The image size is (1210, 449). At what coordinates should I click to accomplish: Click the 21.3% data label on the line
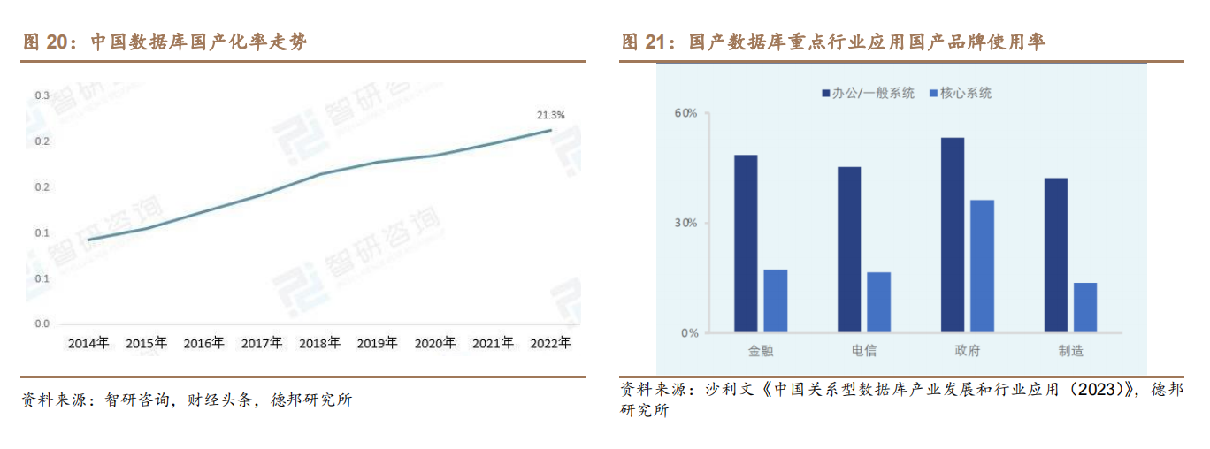[x=550, y=115]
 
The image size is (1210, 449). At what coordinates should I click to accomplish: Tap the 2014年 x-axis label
[x=88, y=343]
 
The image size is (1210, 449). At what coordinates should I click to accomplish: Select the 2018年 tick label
[x=319, y=343]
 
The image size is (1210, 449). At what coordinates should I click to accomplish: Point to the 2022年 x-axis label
[x=550, y=343]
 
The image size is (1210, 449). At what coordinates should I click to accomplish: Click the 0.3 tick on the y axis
[x=42, y=95]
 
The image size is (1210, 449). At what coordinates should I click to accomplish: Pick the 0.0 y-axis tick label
[x=42, y=323]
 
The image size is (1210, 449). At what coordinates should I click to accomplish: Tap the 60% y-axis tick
[x=686, y=113]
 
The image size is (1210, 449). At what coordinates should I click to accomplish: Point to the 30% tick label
[x=686, y=223]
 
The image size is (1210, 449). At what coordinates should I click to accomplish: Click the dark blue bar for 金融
[x=746, y=244]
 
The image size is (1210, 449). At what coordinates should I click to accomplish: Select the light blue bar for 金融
[x=776, y=301]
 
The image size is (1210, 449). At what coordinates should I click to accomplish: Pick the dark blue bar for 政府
[x=953, y=235]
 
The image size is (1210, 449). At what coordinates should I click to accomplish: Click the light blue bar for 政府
[x=982, y=266]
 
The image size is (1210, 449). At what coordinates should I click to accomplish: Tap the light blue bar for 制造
[x=1085, y=308]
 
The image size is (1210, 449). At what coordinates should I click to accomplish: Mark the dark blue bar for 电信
[x=849, y=249]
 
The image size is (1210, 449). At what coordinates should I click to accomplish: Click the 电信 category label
[x=864, y=351]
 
